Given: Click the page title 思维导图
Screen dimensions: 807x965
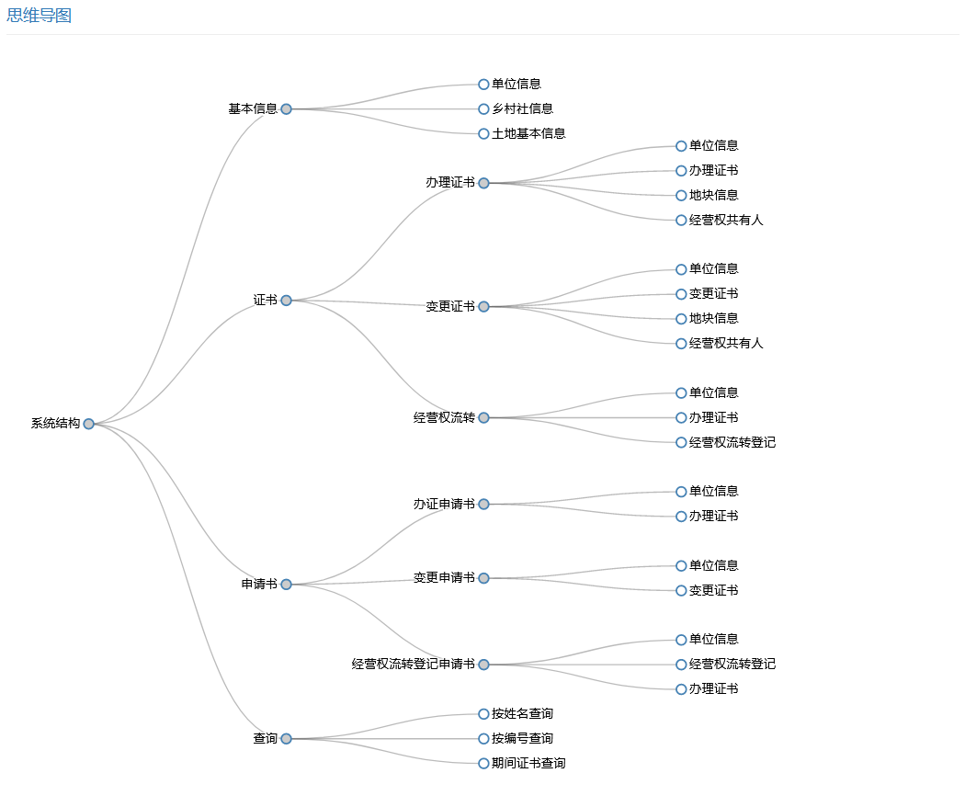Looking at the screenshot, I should (x=39, y=16).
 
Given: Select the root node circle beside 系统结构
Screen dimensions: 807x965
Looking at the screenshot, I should (x=88, y=424).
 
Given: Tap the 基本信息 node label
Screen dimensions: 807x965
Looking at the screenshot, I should (x=253, y=108).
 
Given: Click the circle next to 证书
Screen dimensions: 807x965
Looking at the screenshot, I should (x=286, y=301).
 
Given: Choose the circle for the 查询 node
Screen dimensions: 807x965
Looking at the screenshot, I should (x=286, y=739).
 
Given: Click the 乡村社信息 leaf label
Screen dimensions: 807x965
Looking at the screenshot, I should (x=522, y=108).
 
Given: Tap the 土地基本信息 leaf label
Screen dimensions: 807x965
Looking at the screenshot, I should (x=528, y=133).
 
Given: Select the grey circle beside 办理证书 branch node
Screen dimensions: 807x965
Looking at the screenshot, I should (x=483, y=183).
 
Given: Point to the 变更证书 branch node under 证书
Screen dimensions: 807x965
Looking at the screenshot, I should (x=450, y=306).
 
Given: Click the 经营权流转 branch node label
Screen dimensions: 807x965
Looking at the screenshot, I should (x=444, y=417).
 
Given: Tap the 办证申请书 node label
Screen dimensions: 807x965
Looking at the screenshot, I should (x=444, y=504).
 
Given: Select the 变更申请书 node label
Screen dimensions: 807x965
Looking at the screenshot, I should (x=444, y=578).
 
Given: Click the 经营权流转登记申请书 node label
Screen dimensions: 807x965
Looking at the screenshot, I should (x=413, y=664).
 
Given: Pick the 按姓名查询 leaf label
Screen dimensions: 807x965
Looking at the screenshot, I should (x=522, y=713).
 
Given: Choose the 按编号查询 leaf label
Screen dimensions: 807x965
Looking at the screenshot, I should (x=522, y=738).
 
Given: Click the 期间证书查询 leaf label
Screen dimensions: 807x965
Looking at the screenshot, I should (x=528, y=763).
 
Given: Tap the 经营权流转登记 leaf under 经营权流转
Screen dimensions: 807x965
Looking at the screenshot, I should (x=732, y=442).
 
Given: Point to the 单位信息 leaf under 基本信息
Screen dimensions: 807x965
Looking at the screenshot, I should (x=517, y=84).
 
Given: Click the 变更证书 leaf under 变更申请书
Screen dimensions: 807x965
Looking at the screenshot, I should (x=714, y=590).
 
